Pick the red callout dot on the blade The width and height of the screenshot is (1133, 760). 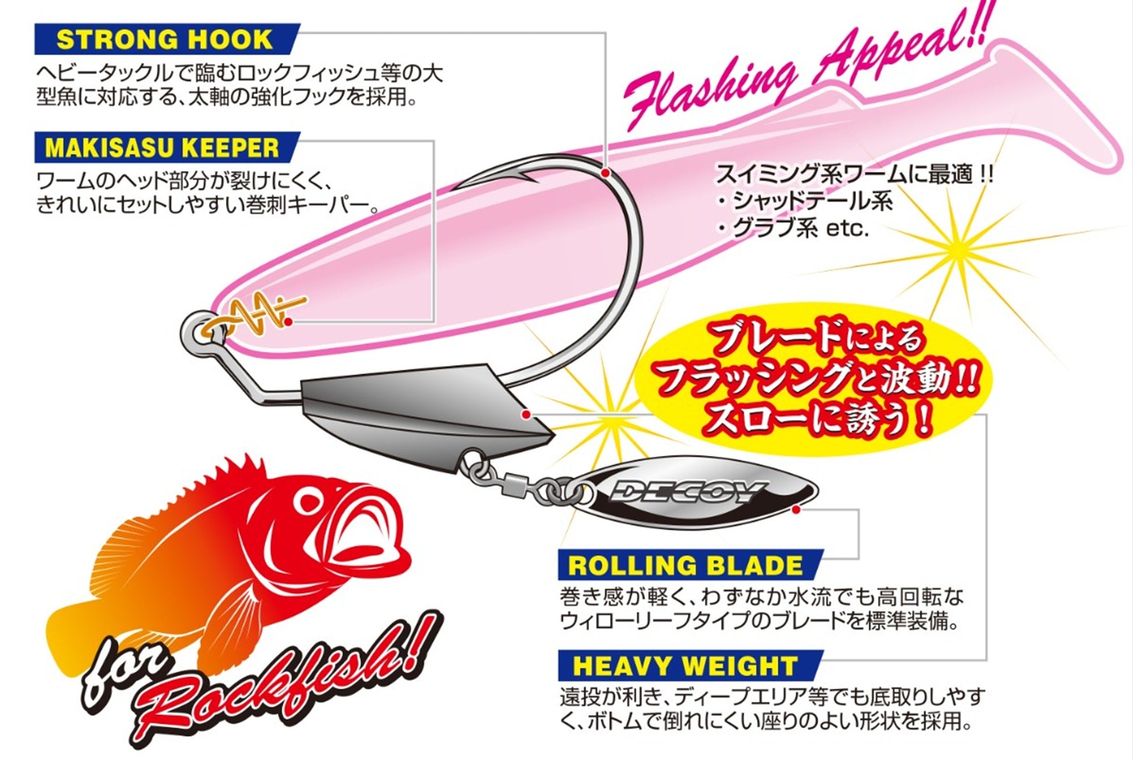click(x=796, y=510)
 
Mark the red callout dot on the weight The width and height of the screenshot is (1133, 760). click(x=529, y=415)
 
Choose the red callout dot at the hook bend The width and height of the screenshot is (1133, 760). click(x=606, y=171)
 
